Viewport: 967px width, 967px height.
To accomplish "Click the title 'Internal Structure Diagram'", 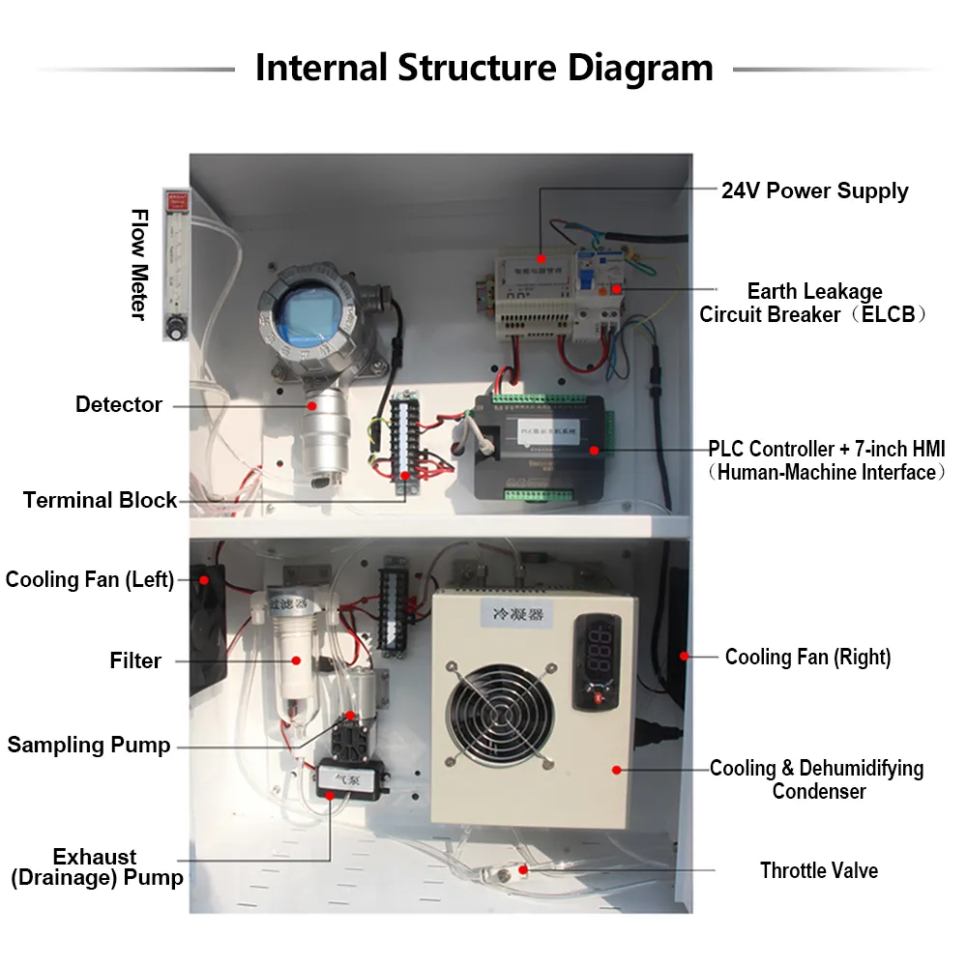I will point(483,69).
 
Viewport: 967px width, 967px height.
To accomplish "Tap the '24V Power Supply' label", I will point(814,190).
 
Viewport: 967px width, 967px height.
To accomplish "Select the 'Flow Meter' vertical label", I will point(140,264).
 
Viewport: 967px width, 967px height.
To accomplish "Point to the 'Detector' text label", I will point(119,404).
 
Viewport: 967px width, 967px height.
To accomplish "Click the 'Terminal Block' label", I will point(101,500).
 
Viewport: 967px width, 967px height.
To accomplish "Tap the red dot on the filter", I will point(297,661).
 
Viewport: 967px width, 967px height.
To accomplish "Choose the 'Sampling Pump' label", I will point(89,745).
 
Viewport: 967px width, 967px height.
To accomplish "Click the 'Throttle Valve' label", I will point(819,870).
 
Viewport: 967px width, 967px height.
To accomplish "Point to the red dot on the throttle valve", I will point(523,869).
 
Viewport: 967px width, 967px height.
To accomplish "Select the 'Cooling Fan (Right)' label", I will point(807,658).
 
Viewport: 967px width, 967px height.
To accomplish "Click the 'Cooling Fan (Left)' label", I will point(90,579).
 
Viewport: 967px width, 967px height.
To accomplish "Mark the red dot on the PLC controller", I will point(594,450).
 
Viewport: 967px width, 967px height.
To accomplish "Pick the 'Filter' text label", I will point(135,660).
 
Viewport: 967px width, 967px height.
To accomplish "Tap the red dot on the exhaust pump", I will point(329,795).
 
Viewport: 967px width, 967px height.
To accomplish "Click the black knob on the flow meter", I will point(176,331).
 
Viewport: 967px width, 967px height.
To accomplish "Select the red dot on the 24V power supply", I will point(541,258).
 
